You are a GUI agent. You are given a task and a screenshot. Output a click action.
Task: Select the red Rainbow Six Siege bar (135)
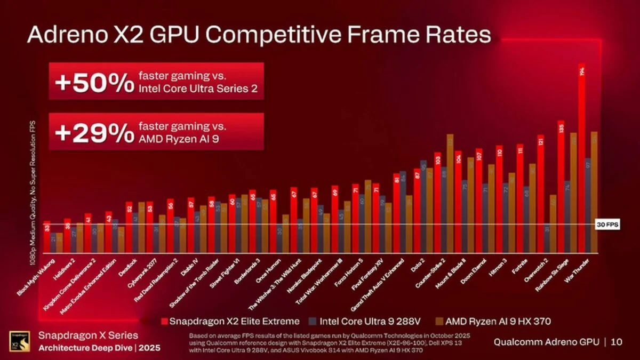pos(561,187)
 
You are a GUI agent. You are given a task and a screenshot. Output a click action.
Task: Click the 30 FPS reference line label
pos(607,225)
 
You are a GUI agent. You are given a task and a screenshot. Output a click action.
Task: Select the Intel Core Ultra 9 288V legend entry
pos(358,322)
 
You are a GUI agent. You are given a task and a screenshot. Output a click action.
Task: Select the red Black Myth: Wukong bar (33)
pos(46,237)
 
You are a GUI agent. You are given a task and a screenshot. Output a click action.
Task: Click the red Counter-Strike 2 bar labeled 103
pos(437,203)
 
